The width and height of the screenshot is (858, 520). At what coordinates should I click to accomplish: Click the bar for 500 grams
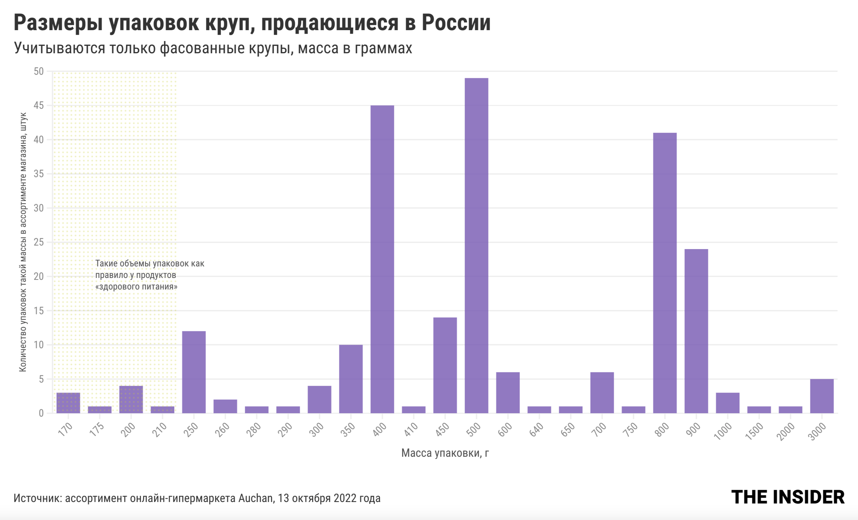pyautogui.click(x=476, y=245)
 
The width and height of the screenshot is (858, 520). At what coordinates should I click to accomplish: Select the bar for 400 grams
pyautogui.click(x=382, y=259)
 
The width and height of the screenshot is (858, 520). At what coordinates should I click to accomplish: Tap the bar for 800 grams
pyautogui.click(x=665, y=273)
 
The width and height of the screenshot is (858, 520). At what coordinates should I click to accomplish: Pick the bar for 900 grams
pyautogui.click(x=696, y=331)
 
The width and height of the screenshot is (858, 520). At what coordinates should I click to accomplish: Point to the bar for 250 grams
pyautogui.click(x=194, y=372)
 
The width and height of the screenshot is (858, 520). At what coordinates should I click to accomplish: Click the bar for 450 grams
pyautogui.click(x=445, y=365)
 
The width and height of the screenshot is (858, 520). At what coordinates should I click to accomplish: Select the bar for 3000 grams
pyautogui.click(x=822, y=396)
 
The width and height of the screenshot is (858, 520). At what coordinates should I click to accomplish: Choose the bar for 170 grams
pyautogui.click(x=68, y=403)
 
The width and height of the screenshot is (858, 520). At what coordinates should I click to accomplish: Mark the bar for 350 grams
pyautogui.click(x=351, y=379)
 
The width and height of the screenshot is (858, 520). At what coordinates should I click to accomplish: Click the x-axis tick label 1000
pyautogui.click(x=723, y=431)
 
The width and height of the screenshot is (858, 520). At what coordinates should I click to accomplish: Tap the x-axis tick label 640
pyautogui.click(x=536, y=430)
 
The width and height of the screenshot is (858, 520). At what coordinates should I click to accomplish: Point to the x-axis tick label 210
pyautogui.click(x=159, y=430)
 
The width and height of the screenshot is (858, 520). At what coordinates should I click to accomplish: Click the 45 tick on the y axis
pyautogui.click(x=39, y=105)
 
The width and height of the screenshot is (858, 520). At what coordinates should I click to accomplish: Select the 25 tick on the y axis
pyautogui.click(x=39, y=242)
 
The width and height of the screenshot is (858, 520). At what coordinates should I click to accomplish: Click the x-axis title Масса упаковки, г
pyautogui.click(x=445, y=453)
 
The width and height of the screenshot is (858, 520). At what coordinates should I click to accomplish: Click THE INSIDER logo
pyautogui.click(x=788, y=497)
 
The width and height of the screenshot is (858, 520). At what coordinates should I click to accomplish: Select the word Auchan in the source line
pyautogui.click(x=255, y=498)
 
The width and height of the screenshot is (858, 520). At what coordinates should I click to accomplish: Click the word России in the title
pyautogui.click(x=456, y=23)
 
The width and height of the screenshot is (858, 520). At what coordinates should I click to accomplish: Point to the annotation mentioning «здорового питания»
pyautogui.click(x=150, y=275)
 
